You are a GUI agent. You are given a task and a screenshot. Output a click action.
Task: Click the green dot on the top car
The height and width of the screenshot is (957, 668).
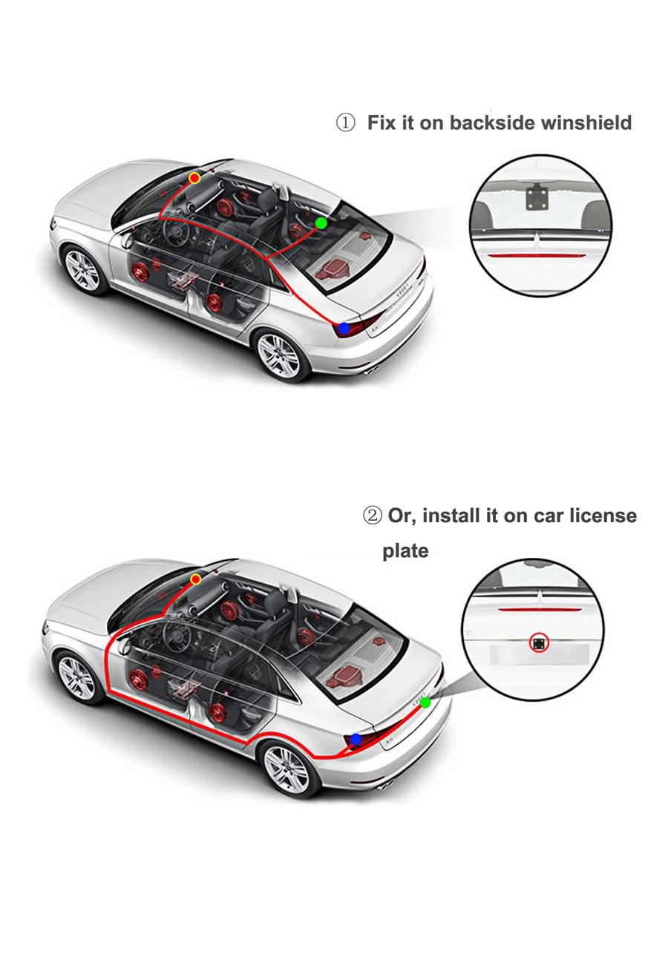click(x=321, y=223)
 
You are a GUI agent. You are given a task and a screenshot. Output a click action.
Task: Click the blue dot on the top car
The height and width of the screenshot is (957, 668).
click(x=344, y=328)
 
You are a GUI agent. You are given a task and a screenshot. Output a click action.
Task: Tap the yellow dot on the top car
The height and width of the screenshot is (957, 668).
click(x=194, y=178)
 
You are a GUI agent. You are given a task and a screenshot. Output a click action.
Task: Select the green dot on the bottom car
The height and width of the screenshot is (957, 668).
click(x=425, y=702)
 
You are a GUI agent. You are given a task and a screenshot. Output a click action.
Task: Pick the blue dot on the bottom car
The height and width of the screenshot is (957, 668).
click(x=356, y=740)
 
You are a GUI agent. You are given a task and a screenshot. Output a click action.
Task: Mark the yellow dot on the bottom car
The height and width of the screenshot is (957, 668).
click(x=196, y=578)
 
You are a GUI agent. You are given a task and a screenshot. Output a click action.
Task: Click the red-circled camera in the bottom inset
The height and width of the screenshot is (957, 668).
click(x=537, y=642)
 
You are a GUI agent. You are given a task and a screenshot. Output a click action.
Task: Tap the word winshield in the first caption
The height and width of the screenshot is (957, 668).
click(x=586, y=122)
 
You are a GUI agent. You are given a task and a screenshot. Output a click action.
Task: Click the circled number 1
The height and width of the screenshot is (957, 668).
click(x=346, y=122)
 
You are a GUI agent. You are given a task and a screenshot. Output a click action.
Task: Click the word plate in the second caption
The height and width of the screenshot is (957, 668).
click(x=405, y=551)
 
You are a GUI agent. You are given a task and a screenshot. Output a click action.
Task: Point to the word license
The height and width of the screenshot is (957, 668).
click(x=595, y=515)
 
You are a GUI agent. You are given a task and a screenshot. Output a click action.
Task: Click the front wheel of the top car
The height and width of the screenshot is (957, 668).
click(x=82, y=269)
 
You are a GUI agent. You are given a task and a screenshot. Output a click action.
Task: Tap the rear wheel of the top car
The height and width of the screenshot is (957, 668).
click(x=280, y=357)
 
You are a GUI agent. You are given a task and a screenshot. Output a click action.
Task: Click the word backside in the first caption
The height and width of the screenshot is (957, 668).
click(x=493, y=122)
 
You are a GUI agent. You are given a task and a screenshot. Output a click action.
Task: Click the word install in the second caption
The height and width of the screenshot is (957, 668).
click(x=451, y=515)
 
